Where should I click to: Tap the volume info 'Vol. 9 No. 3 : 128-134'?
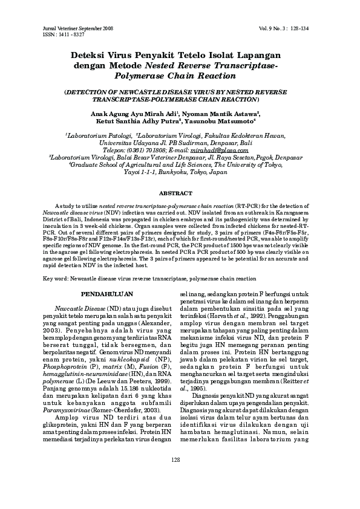(x=287, y=28)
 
